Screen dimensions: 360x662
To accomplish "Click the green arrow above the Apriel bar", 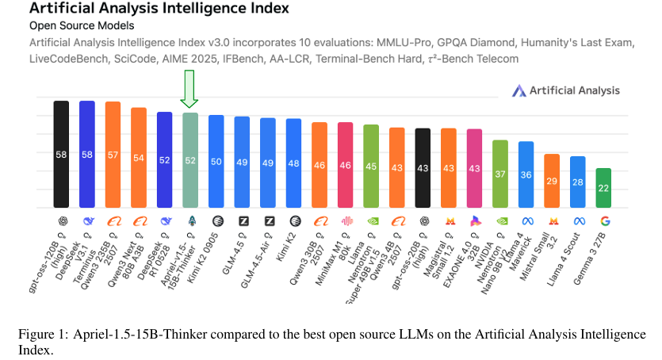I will (x=189, y=89).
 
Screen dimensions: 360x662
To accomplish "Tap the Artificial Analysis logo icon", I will (x=520, y=91).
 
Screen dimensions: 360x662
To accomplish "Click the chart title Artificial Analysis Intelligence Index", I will (x=159, y=10).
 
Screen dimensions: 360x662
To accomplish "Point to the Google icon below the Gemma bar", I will (x=604, y=221).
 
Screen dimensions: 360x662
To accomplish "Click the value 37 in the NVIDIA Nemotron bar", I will (x=500, y=174).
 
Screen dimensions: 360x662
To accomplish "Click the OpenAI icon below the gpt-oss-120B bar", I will (x=61, y=221).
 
